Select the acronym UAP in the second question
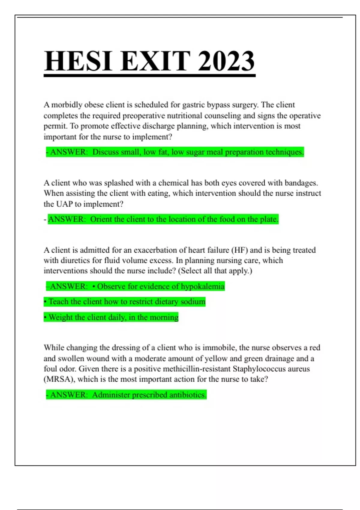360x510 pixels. point(64,204)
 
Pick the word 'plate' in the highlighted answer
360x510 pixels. point(269,219)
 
